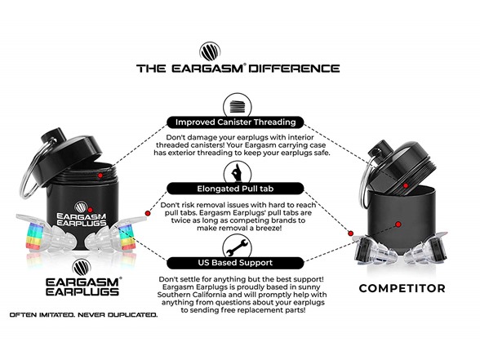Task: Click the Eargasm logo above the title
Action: point(210,51)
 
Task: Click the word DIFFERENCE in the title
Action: point(294,68)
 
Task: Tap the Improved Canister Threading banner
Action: point(235,122)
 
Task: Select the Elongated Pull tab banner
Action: point(235,189)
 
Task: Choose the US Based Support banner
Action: point(235,263)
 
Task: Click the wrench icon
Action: point(237,247)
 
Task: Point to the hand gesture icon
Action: point(237,173)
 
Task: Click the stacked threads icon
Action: point(238,106)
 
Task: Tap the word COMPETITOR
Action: point(402,288)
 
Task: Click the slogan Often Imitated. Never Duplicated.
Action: point(83,315)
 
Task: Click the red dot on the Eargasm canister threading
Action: point(100,176)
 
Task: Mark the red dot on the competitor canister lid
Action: point(405,185)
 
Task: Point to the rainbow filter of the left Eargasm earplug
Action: point(34,236)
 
